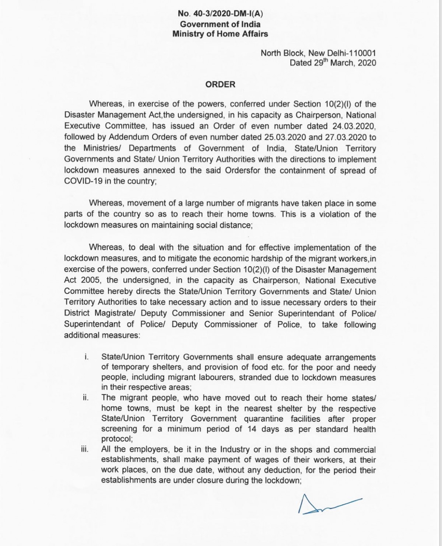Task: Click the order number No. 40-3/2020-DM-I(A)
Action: click(x=220, y=14)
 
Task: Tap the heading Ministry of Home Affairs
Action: click(x=220, y=34)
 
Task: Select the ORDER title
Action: click(x=220, y=84)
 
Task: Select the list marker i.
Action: click(x=85, y=357)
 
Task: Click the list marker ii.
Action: click(x=85, y=398)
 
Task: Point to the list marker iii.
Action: click(x=85, y=450)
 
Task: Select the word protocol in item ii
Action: click(x=116, y=439)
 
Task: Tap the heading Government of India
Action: click(x=220, y=24)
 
